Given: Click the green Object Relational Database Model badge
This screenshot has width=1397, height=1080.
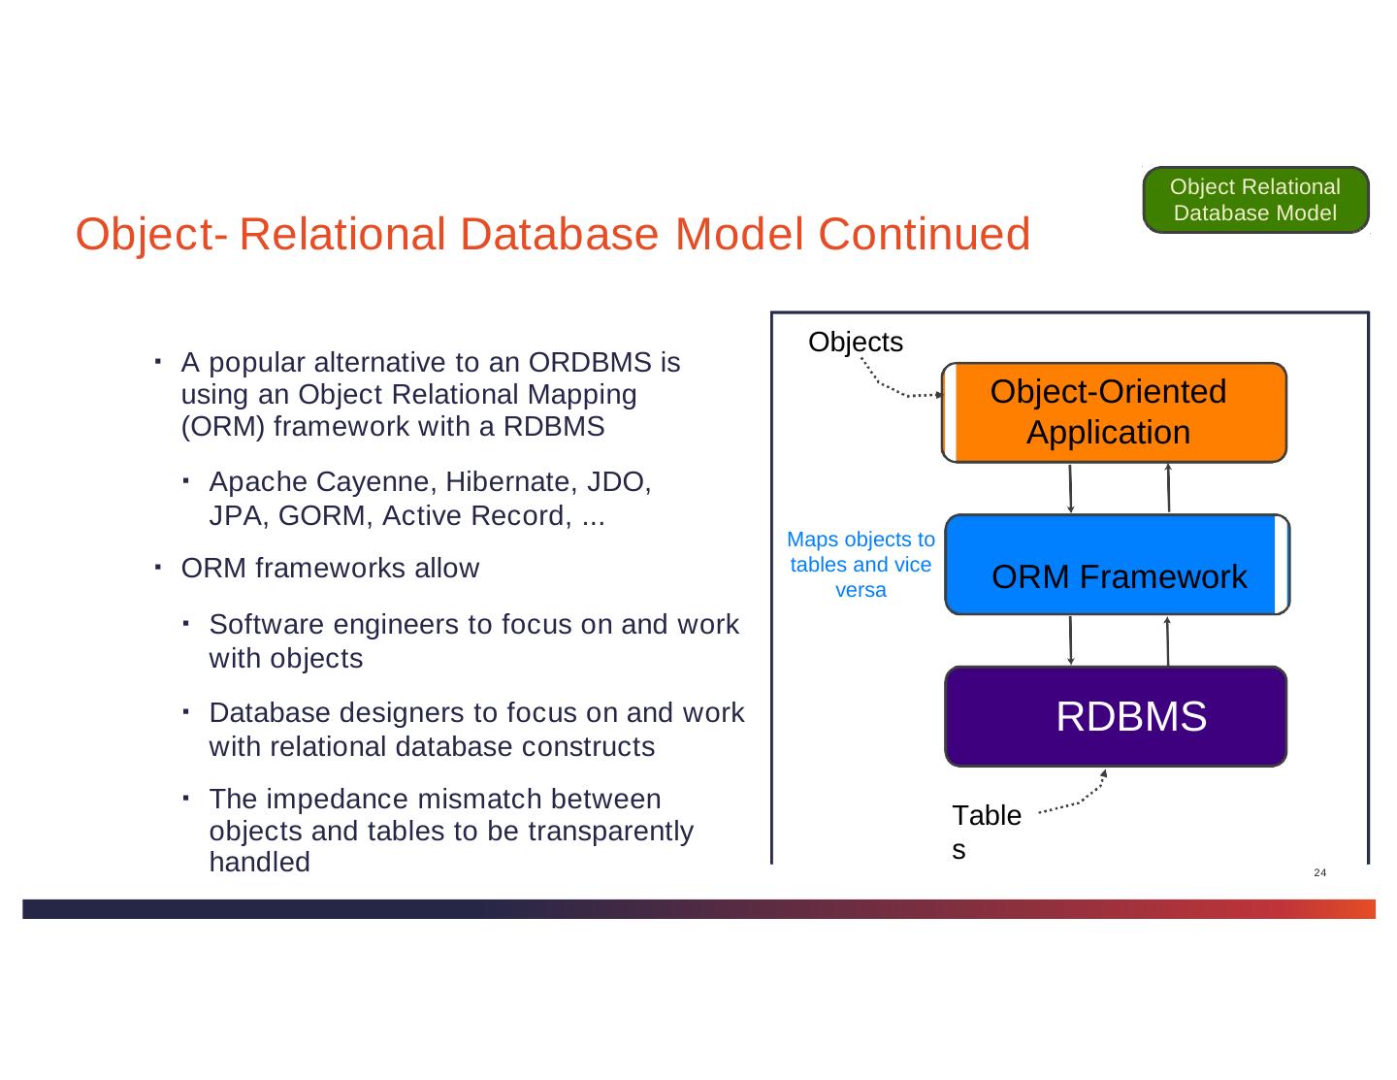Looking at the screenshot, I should [1255, 200].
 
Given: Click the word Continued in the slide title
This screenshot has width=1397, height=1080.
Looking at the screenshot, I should [924, 235].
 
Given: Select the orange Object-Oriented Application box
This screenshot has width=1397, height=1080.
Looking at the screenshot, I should [1114, 412].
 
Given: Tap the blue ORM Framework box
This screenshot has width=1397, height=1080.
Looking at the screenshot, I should [1118, 565].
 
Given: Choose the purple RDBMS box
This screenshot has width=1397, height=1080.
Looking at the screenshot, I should [1116, 716].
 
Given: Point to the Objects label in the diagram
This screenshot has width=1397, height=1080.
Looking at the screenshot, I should [855, 343].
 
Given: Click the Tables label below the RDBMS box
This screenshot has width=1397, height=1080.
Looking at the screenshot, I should [986, 831].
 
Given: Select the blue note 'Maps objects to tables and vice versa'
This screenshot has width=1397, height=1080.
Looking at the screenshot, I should [861, 564].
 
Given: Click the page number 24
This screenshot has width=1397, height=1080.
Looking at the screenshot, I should [1319, 873].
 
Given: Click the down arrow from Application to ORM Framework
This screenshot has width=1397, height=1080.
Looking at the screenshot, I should [1070, 488].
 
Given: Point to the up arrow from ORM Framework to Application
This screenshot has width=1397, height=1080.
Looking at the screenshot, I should [1169, 488].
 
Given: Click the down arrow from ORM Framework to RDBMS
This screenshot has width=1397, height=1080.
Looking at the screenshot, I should [1070, 640].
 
